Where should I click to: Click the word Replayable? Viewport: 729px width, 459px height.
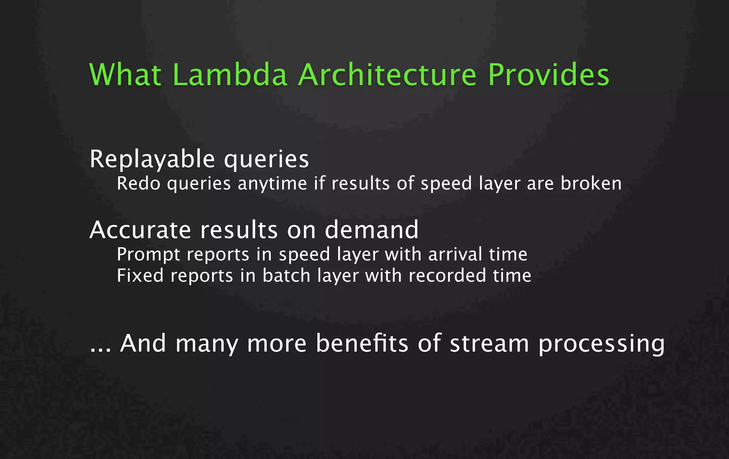152,159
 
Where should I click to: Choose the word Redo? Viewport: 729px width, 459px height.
138,184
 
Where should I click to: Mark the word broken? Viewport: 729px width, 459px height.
591,184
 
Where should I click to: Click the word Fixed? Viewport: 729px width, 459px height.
140,276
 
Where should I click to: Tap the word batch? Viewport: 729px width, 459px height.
287,276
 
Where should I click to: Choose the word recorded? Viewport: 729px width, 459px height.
447,276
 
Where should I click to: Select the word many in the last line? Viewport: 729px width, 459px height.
206,344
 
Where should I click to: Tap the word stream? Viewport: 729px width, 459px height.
489,344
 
